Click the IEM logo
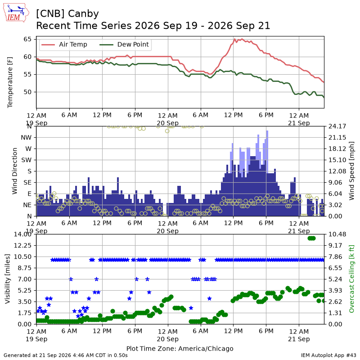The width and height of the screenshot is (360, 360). pos(16,13)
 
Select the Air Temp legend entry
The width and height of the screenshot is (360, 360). pos(64,45)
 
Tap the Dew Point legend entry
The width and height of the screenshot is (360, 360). pos(124,45)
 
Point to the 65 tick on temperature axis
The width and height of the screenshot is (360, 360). pos(27,39)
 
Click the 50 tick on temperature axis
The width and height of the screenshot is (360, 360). pos(27,92)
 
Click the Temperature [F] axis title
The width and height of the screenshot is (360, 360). pos(9,82)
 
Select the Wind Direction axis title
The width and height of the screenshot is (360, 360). pos(15,171)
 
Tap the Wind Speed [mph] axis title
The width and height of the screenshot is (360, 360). pos(351,171)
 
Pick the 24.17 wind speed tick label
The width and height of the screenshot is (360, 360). pos(337,126)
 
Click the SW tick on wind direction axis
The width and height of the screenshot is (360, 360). pos(27,160)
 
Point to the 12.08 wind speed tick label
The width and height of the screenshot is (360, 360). pos(337,171)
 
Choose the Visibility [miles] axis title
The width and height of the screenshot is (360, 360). pos(8,279)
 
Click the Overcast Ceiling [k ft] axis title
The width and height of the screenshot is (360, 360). pos(351,279)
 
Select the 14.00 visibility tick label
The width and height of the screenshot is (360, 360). pos(22,234)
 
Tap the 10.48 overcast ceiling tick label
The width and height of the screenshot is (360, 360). pos(337,234)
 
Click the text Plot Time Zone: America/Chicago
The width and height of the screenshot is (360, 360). pos(180,348)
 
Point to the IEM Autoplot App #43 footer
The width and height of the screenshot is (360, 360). pos(328,355)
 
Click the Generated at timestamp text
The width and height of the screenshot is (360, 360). pos(66,355)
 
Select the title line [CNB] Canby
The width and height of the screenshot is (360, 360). pos(67,14)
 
